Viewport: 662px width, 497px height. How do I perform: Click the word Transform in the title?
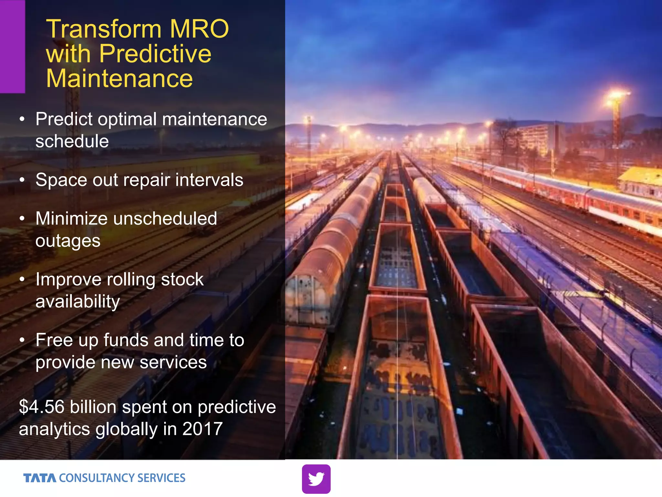pos(103,29)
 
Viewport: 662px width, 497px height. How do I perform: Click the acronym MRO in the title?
pos(199,29)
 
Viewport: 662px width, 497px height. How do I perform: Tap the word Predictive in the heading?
pos(155,54)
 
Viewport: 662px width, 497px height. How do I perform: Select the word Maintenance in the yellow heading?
pos(119,79)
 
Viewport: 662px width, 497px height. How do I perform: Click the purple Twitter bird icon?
pos(316,479)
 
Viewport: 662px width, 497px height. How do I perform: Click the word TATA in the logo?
pos(40,478)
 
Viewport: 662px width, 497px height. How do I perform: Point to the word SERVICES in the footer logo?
pos(161,478)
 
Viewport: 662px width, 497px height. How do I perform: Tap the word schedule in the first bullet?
pos(72,141)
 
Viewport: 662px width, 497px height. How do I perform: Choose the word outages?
pos(68,241)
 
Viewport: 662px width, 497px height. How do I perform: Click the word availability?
pos(78,302)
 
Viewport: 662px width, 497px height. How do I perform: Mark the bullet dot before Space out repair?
pos(22,180)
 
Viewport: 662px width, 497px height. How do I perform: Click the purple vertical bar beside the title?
pos(12,47)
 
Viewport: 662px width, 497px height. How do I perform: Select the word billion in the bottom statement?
pos(93,407)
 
